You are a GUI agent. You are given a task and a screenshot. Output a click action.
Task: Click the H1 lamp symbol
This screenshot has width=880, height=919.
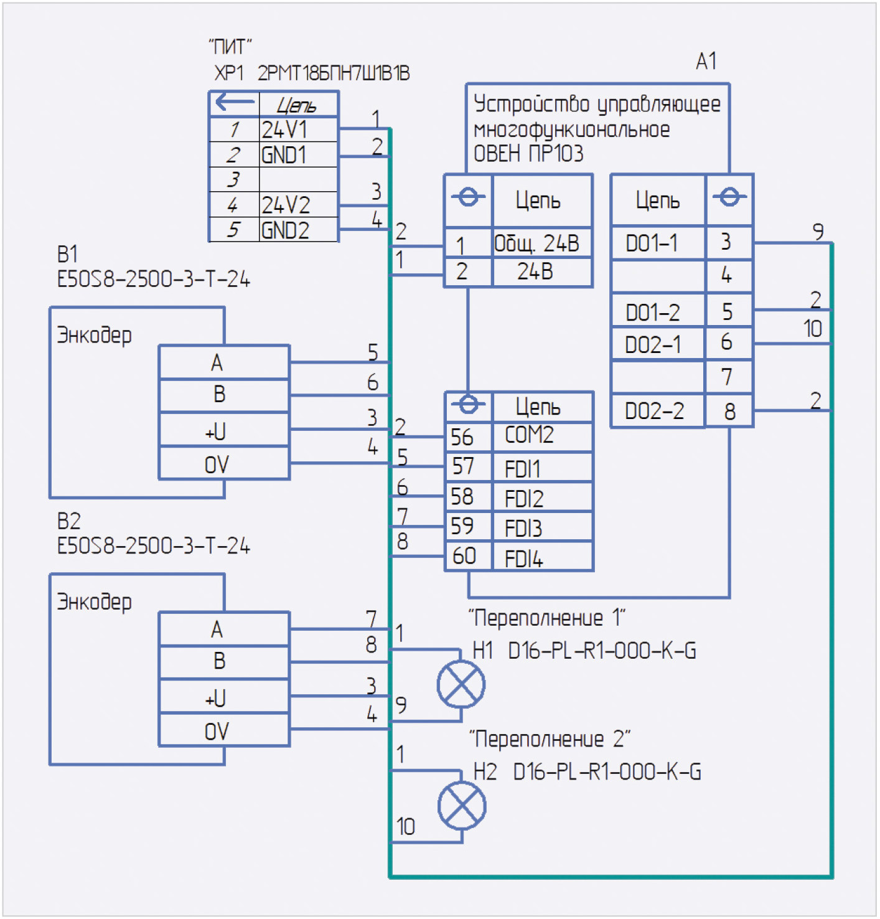461,684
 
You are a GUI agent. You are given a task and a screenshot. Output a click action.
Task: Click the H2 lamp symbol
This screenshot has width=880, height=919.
462,806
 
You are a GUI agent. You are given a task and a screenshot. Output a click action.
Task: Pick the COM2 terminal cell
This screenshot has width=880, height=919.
542,435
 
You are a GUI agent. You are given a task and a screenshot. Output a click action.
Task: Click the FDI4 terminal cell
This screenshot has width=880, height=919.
542,557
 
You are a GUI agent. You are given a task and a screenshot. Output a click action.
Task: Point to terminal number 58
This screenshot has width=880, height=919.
462,497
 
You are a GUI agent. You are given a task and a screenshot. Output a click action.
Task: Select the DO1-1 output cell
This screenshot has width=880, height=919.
658,243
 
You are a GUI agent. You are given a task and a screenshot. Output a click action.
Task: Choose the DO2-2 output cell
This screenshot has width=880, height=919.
658,411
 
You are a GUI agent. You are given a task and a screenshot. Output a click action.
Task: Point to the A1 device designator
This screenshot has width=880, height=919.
706,62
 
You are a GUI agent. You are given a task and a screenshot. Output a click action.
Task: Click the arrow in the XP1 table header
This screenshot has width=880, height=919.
234,102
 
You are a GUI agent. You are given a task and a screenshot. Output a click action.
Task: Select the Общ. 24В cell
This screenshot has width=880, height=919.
542,243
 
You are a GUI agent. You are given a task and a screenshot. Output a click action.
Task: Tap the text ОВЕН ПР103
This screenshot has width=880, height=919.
528,153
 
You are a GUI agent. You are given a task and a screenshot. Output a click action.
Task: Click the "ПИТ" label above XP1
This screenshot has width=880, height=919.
230,47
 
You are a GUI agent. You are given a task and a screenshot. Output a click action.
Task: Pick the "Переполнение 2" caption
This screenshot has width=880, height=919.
549,739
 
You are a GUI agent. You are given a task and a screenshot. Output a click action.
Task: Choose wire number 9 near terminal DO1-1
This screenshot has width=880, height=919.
818,232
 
